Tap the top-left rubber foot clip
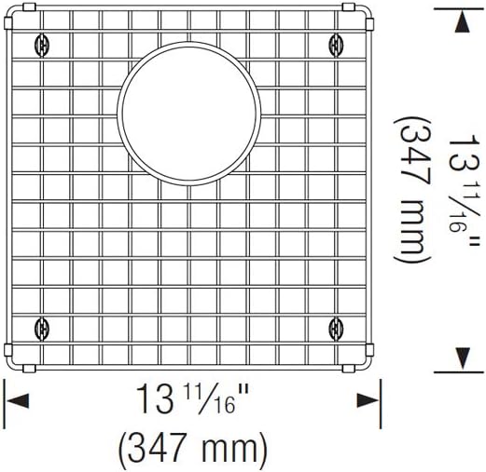click(x=39, y=42)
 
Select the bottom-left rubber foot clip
click(x=39, y=327)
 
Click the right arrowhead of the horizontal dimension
click(x=367, y=400)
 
